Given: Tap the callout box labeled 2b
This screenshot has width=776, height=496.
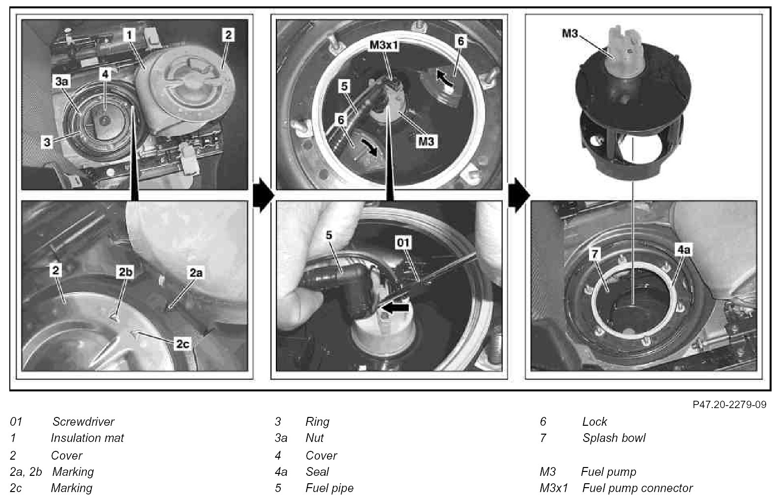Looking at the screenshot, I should click(x=125, y=272).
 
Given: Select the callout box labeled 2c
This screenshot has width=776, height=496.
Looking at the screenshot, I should click(x=183, y=344).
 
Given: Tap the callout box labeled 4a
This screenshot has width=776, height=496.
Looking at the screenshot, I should click(x=683, y=250).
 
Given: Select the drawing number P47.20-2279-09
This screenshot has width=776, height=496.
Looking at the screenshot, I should click(x=729, y=405).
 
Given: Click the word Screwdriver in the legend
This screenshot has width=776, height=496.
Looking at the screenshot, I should click(x=83, y=422).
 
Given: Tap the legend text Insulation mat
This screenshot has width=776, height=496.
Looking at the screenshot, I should click(x=87, y=438).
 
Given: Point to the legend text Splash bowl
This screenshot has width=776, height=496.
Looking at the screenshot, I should click(x=614, y=438).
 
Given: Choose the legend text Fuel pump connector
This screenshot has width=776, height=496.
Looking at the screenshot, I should click(x=637, y=488).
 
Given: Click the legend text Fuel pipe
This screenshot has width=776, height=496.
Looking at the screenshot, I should click(x=329, y=488).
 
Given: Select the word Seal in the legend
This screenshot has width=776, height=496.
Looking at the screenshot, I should click(x=317, y=472).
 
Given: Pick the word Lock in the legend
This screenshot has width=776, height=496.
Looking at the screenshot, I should click(x=594, y=422).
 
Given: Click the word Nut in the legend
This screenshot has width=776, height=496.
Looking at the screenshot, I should click(x=314, y=438).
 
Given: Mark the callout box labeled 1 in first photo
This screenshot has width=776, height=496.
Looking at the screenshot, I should click(x=129, y=34).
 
